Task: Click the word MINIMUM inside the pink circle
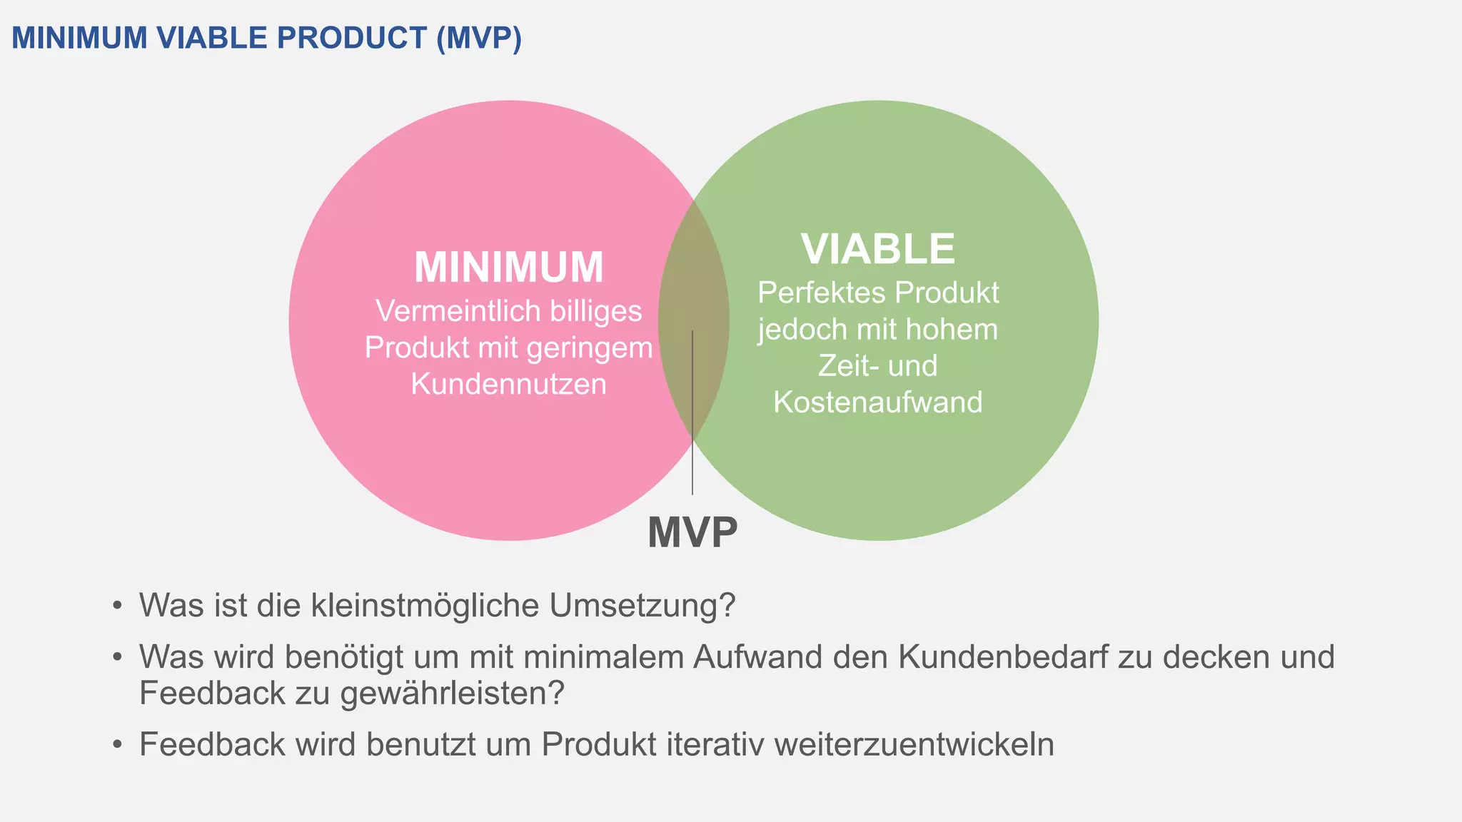click(x=508, y=268)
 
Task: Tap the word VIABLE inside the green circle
click(x=877, y=249)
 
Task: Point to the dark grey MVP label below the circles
click(x=692, y=532)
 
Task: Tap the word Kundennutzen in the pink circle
click(x=508, y=384)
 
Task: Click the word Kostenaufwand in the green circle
click(x=877, y=402)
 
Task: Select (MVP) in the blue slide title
click(x=479, y=38)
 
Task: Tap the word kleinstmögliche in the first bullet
click(x=425, y=605)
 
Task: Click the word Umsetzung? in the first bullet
click(x=642, y=605)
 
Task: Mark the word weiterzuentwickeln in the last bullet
click(x=914, y=744)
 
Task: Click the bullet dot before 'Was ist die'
click(x=117, y=606)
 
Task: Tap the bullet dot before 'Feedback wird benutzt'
click(x=117, y=745)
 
